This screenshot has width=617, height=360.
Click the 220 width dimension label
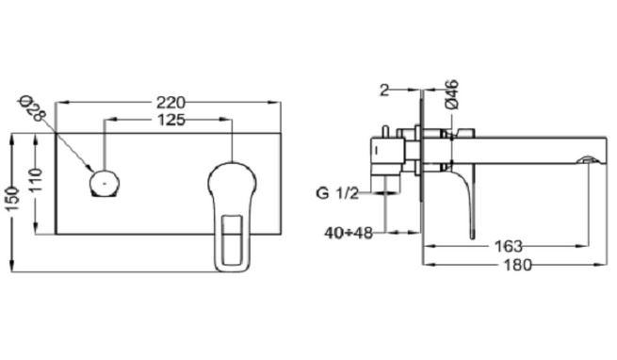170,103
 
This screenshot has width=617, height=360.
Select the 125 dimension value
171,120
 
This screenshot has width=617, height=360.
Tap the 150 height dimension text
12,199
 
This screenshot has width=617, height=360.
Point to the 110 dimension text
36,180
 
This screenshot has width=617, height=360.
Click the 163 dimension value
508,247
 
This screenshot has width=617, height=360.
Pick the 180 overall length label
517,265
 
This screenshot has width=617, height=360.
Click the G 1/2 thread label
337,193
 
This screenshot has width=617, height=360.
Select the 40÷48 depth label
349,233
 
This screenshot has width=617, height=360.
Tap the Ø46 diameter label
452,94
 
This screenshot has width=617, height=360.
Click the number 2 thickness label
384,90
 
